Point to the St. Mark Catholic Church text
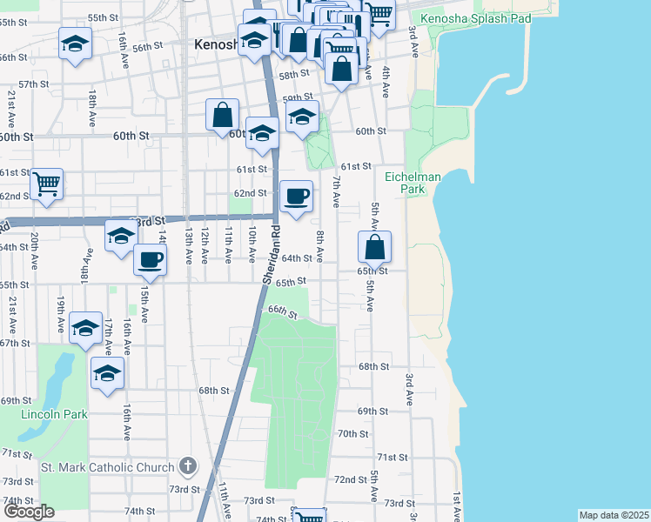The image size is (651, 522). point(108,468)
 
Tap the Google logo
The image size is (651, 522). point(29,512)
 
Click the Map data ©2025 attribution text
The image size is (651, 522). point(614,515)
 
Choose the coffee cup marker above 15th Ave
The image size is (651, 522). point(151,259)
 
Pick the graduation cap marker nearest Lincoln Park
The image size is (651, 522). point(107,373)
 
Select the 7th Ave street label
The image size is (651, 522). point(335,191)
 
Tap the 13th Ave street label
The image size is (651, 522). point(187,246)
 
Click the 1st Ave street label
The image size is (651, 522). point(455,507)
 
